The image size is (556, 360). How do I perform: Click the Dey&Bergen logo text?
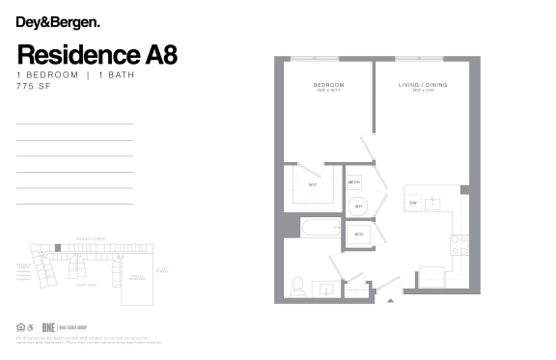(x=57, y=20)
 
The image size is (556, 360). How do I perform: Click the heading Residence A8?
(x=97, y=53)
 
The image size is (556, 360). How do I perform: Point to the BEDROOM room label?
(x=328, y=86)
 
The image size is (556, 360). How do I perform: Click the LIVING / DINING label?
(x=422, y=86)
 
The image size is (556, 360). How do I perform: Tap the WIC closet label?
(x=313, y=183)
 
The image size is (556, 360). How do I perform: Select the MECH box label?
(x=354, y=181)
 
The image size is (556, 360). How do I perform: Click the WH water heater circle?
(x=357, y=206)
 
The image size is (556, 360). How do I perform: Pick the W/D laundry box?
(x=358, y=234)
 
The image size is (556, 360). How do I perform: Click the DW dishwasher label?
(x=413, y=203)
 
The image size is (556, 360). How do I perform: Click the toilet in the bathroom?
(x=298, y=285)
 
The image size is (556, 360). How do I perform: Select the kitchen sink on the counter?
(x=434, y=203)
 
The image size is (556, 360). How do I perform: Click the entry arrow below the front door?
(x=390, y=302)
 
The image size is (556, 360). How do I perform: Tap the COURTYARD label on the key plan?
(x=85, y=284)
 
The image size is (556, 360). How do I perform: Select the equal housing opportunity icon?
(x=20, y=326)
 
